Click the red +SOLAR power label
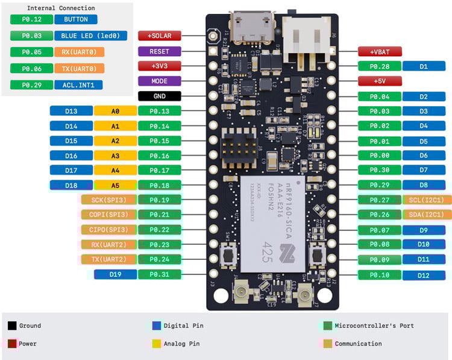click(x=160, y=36)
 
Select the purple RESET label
click(x=160, y=51)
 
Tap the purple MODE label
click(x=160, y=81)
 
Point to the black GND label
click(x=160, y=96)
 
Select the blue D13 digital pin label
click(x=71, y=111)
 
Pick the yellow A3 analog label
click(x=116, y=156)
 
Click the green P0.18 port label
click(x=160, y=185)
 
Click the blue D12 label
click(x=424, y=275)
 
